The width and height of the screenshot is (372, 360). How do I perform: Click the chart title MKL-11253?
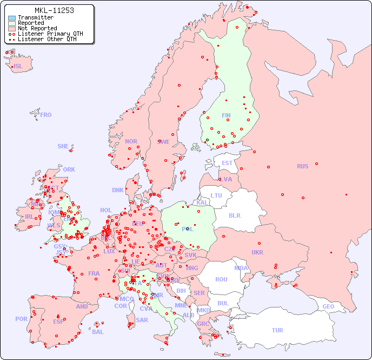click(54, 10)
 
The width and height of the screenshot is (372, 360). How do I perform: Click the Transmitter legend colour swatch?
click(12, 17)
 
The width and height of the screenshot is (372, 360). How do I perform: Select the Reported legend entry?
click(31, 23)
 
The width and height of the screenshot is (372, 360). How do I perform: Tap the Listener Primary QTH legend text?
click(50, 34)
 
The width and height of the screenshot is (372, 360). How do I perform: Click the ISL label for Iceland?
click(18, 67)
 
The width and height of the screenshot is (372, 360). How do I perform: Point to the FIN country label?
click(226, 115)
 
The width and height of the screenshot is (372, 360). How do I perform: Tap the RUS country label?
click(302, 166)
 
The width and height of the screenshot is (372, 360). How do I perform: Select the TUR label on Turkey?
click(277, 330)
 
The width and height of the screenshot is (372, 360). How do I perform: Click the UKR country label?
click(257, 252)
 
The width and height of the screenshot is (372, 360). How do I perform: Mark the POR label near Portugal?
click(21, 319)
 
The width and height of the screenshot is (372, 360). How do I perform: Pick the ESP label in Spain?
click(58, 322)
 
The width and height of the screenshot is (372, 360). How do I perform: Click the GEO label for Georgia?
click(328, 306)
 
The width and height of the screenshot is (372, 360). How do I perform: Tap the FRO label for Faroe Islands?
click(46, 115)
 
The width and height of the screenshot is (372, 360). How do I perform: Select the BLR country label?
click(234, 215)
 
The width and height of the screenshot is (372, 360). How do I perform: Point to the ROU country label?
click(221, 279)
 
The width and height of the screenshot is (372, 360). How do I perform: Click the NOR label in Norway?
click(131, 141)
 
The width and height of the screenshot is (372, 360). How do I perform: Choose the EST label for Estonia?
click(227, 163)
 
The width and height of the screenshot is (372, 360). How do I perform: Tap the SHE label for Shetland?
click(63, 146)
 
